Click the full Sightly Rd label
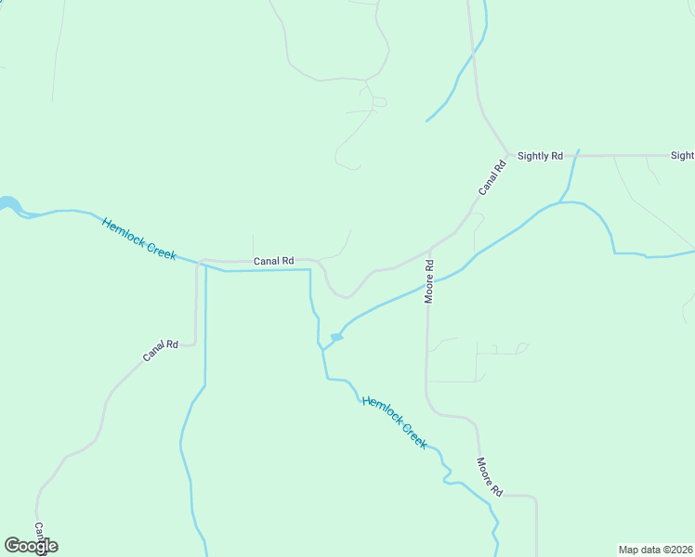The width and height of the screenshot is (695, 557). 540,156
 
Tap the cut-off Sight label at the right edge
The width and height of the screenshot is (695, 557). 682,156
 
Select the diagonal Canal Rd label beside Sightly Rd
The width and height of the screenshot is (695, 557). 492,177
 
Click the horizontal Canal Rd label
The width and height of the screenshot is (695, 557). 273,262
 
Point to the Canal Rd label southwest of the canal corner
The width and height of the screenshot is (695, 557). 160,350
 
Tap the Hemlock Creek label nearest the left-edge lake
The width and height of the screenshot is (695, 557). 138,239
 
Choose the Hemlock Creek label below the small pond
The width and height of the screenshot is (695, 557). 394,422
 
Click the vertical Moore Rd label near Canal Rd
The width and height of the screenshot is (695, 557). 429,279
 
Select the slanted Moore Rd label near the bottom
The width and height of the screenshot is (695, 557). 489,476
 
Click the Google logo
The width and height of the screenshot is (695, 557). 31,546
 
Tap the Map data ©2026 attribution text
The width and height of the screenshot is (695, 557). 656,549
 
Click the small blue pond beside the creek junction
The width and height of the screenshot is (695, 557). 336,337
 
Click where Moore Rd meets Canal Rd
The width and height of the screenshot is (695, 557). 429,250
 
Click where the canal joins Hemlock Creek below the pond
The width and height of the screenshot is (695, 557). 322,350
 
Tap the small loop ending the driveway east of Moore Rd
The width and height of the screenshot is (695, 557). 522,348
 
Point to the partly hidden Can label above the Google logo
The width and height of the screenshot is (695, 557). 40,529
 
